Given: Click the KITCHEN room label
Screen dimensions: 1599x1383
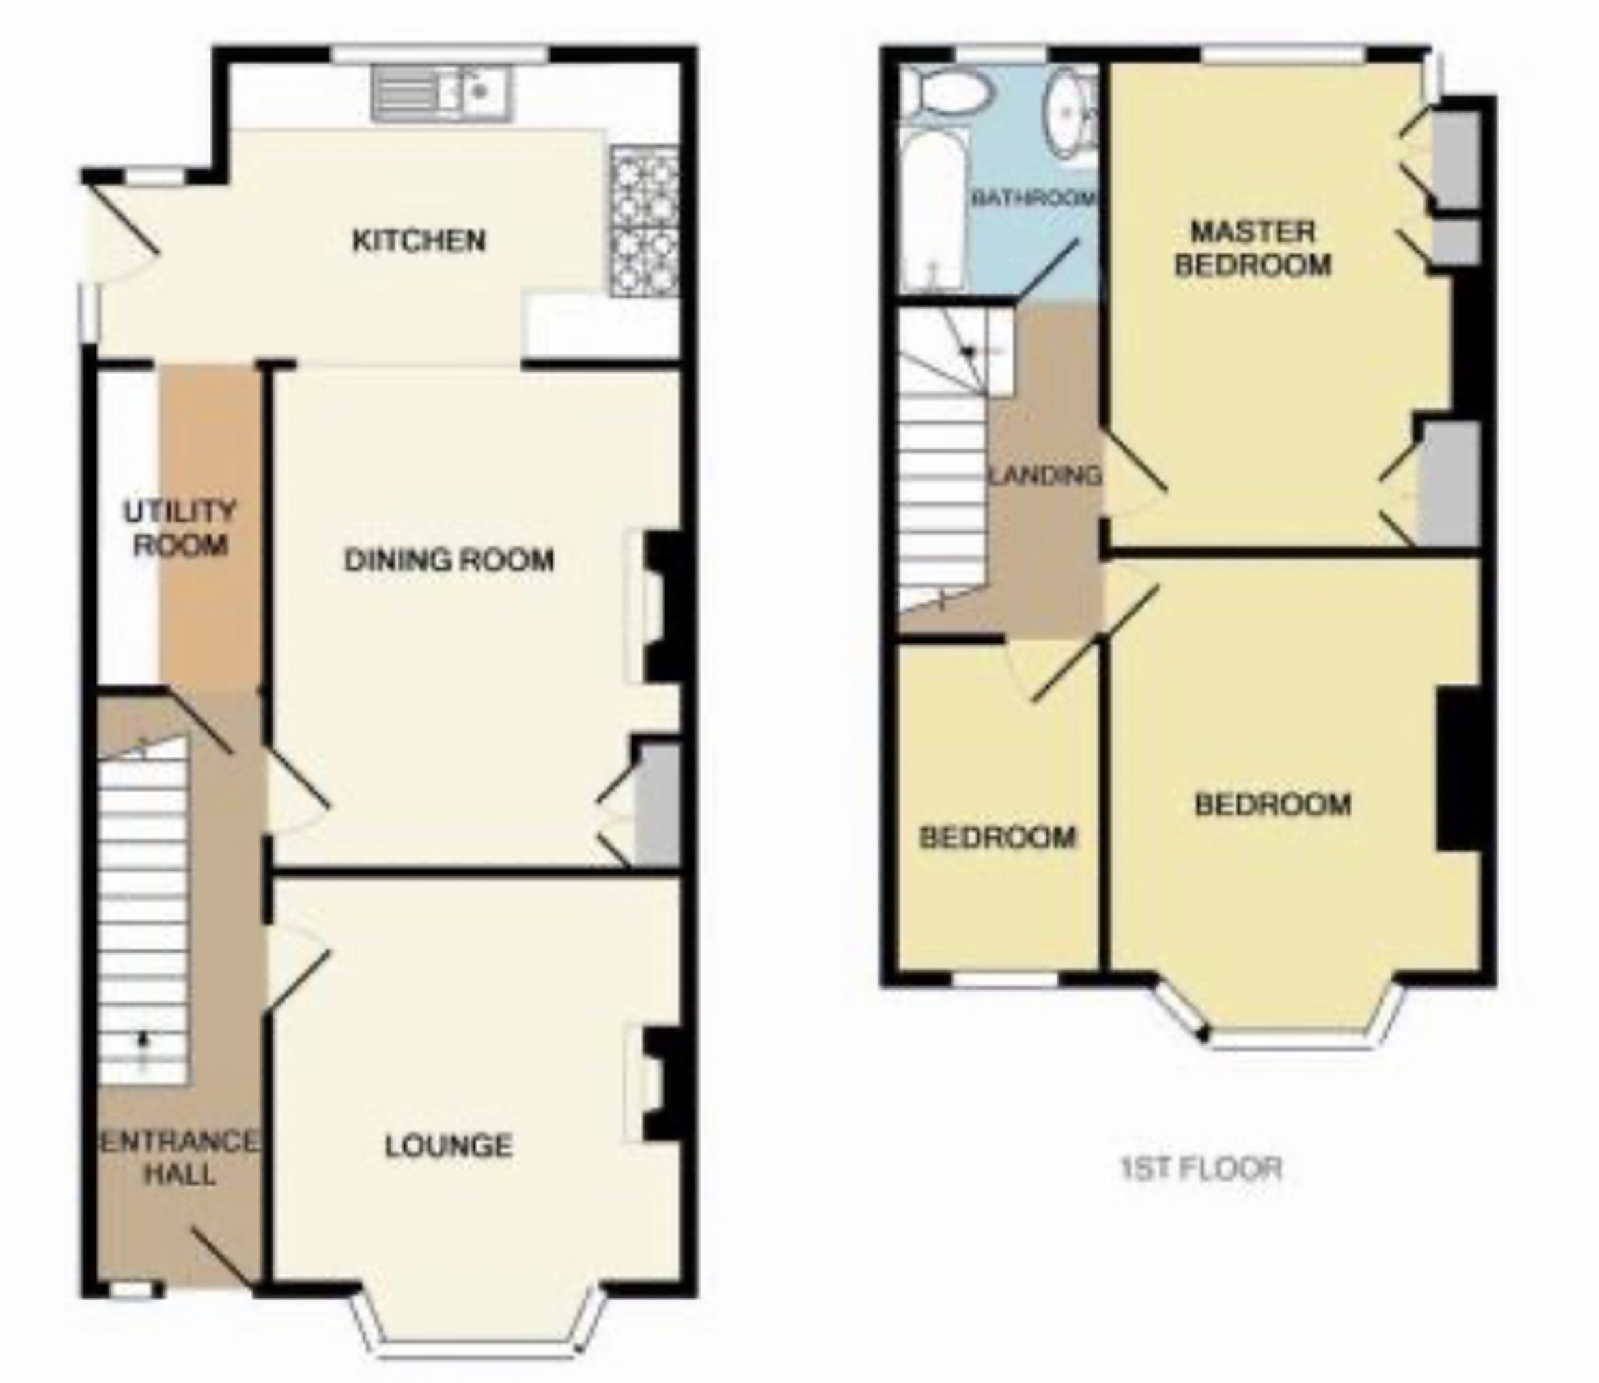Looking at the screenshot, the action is click(419, 241).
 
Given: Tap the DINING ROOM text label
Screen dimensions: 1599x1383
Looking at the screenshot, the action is click(449, 559).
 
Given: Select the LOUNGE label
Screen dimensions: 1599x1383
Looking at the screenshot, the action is click(448, 1145).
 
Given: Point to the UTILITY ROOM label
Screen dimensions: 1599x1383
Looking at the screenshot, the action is click(180, 528).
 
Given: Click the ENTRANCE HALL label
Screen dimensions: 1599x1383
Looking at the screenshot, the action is click(180, 1158).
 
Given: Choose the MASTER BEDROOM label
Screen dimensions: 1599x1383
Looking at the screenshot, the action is click(1253, 248).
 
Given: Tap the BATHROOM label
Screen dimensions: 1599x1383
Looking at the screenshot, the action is click(1033, 198).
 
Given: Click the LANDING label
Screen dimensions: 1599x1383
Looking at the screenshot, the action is click(1046, 475).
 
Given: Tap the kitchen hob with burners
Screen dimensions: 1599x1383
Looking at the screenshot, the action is click(645, 222).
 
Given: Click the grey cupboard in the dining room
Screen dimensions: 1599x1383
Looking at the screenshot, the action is click(656, 803).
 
